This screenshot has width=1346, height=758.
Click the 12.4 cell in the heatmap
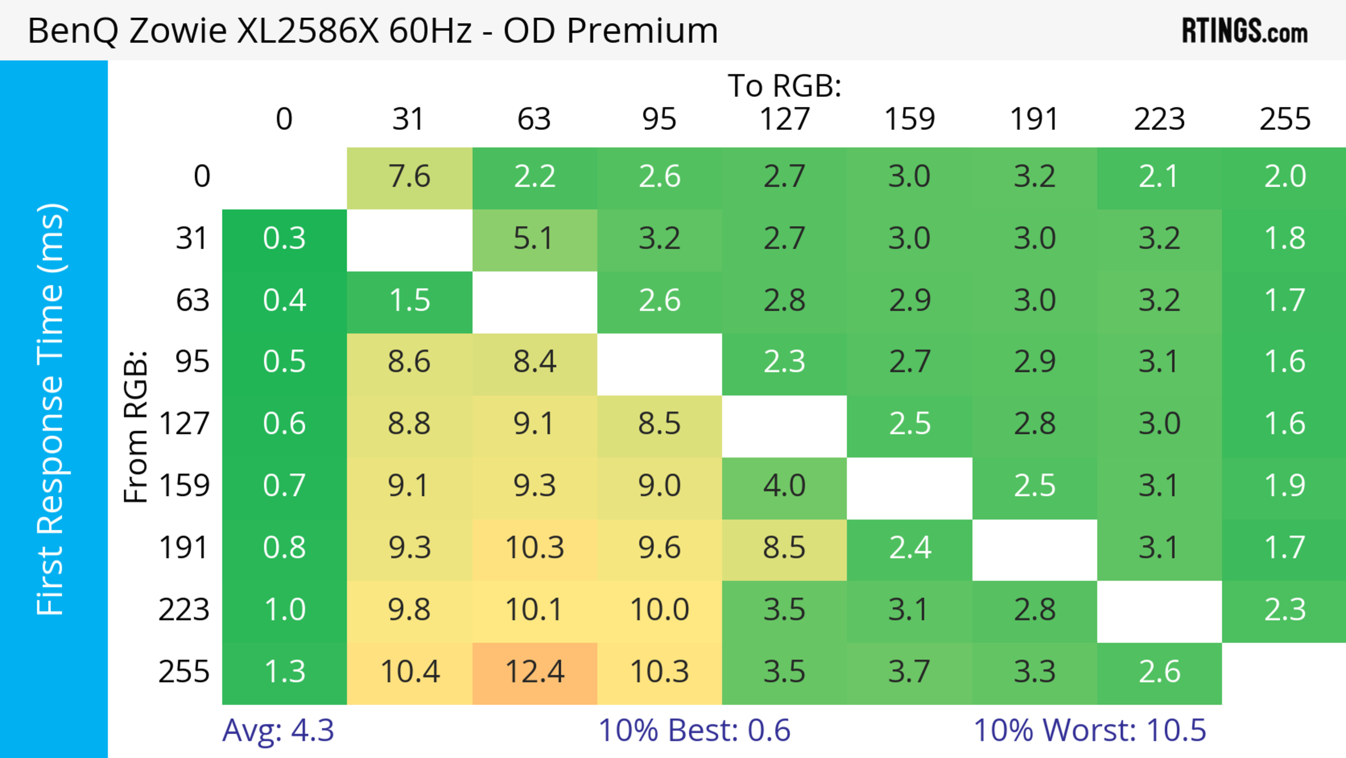tap(535, 672)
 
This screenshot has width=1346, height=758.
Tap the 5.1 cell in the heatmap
tap(535, 239)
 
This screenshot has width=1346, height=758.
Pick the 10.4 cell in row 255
tap(410, 672)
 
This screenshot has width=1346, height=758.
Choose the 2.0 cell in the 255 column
tap(1285, 177)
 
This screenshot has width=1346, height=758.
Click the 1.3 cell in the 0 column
tap(284, 672)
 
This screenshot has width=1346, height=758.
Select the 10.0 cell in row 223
tap(659, 610)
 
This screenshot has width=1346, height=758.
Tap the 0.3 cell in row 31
tap(284, 239)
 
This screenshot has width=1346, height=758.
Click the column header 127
tap(784, 119)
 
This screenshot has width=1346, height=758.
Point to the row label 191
tap(184, 548)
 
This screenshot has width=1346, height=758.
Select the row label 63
tap(192, 301)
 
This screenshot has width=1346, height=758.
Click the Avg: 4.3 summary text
tap(278, 730)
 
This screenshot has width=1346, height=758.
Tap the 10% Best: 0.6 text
tap(694, 730)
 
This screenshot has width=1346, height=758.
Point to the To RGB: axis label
tap(784, 86)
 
